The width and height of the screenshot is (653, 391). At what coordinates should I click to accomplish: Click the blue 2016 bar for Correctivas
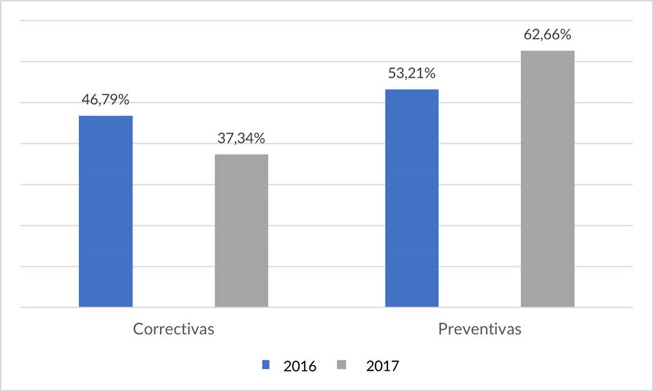(105, 212)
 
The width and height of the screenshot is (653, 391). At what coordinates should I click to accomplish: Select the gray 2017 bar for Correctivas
(241, 230)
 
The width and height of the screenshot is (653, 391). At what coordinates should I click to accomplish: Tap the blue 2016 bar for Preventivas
(412, 198)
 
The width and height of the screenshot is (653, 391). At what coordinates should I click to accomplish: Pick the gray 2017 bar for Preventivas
(548, 179)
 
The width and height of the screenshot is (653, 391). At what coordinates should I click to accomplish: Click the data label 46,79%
(105, 100)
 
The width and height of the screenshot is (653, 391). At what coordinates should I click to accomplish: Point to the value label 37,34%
(242, 139)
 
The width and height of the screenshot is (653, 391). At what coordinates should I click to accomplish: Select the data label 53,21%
(412, 74)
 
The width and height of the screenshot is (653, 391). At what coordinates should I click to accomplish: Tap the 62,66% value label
(548, 35)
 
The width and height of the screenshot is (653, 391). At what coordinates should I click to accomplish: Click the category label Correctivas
(173, 329)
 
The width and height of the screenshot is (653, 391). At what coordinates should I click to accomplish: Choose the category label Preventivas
(480, 329)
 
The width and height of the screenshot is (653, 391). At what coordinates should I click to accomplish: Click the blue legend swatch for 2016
(266, 365)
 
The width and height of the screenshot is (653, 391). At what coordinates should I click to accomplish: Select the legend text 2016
(300, 366)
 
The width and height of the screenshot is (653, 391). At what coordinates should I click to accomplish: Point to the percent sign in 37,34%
(260, 139)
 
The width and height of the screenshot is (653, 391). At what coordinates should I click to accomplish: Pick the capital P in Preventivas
(442, 329)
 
